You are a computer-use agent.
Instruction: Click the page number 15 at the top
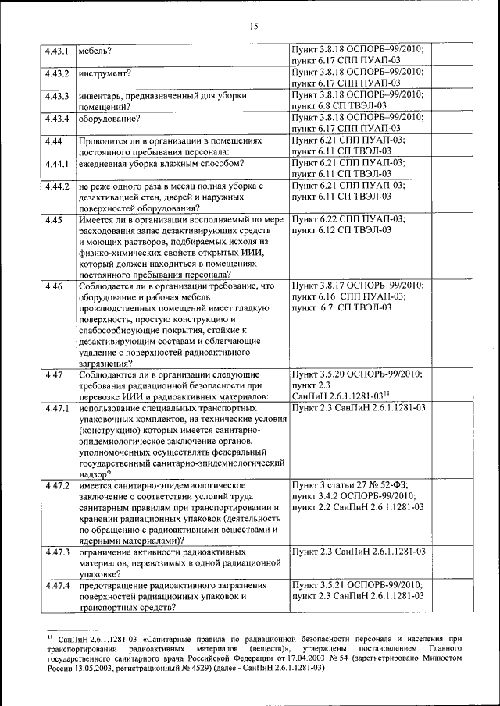[x=253, y=26]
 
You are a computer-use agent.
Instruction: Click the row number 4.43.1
[x=57, y=52]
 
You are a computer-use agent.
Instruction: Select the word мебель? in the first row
[x=95, y=52]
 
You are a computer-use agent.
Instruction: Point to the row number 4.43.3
[x=57, y=96]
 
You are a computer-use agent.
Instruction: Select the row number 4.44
[x=53, y=140]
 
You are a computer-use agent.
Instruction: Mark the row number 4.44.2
[x=57, y=186]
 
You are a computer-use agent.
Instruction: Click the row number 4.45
[x=53, y=220]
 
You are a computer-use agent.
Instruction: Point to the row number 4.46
[x=53, y=287]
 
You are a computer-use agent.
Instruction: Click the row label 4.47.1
[x=57, y=408]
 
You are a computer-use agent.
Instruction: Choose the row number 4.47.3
[x=57, y=552]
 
